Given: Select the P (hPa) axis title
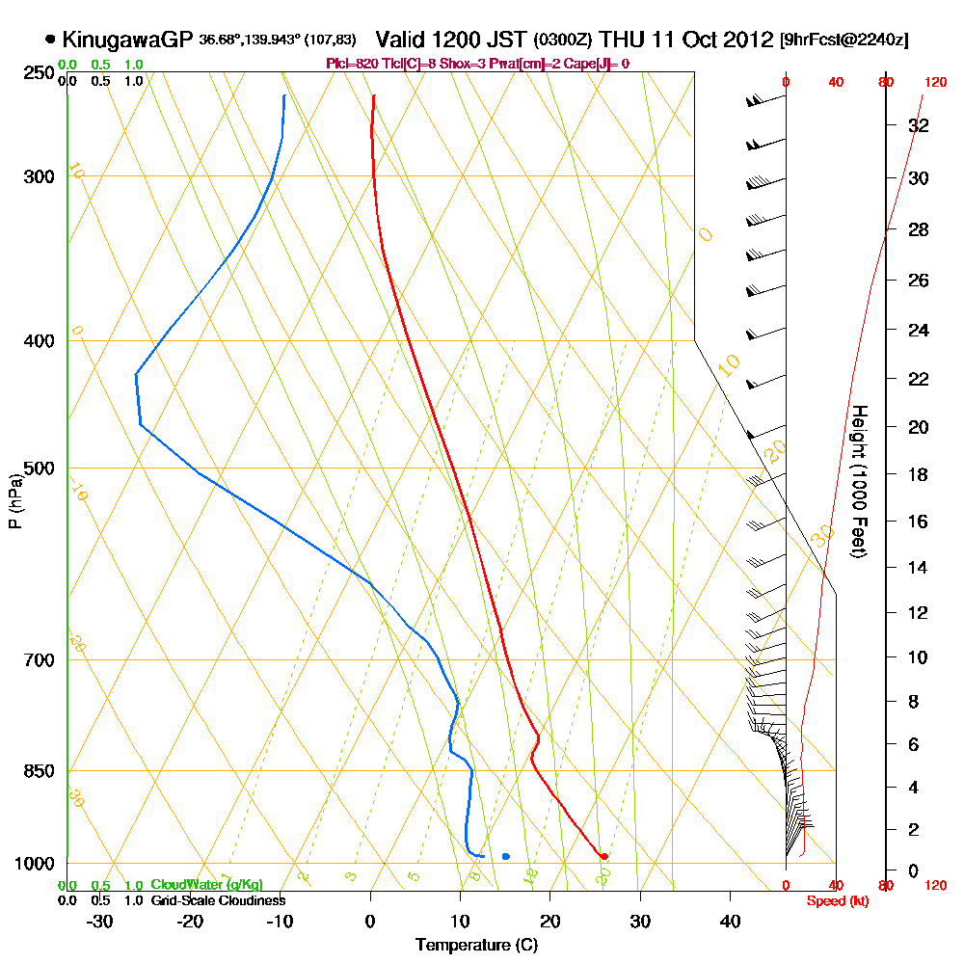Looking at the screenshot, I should (x=14, y=501).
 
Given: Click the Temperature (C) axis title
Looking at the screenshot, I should (x=476, y=945).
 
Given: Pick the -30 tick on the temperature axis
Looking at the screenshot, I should (x=99, y=922).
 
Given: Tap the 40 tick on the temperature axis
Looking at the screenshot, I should (x=731, y=922).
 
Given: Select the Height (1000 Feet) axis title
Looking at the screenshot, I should (x=859, y=482).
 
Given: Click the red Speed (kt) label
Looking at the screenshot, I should (x=833, y=900).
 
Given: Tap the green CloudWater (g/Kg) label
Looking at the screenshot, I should (x=206, y=885).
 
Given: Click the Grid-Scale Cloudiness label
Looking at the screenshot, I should (x=217, y=900).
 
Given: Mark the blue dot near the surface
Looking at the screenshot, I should (x=506, y=856).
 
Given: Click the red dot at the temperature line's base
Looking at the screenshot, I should (x=604, y=856).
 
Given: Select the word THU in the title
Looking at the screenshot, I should (x=624, y=40).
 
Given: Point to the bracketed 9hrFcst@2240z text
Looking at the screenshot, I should (x=843, y=40).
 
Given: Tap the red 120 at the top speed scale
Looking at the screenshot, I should (x=935, y=83).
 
